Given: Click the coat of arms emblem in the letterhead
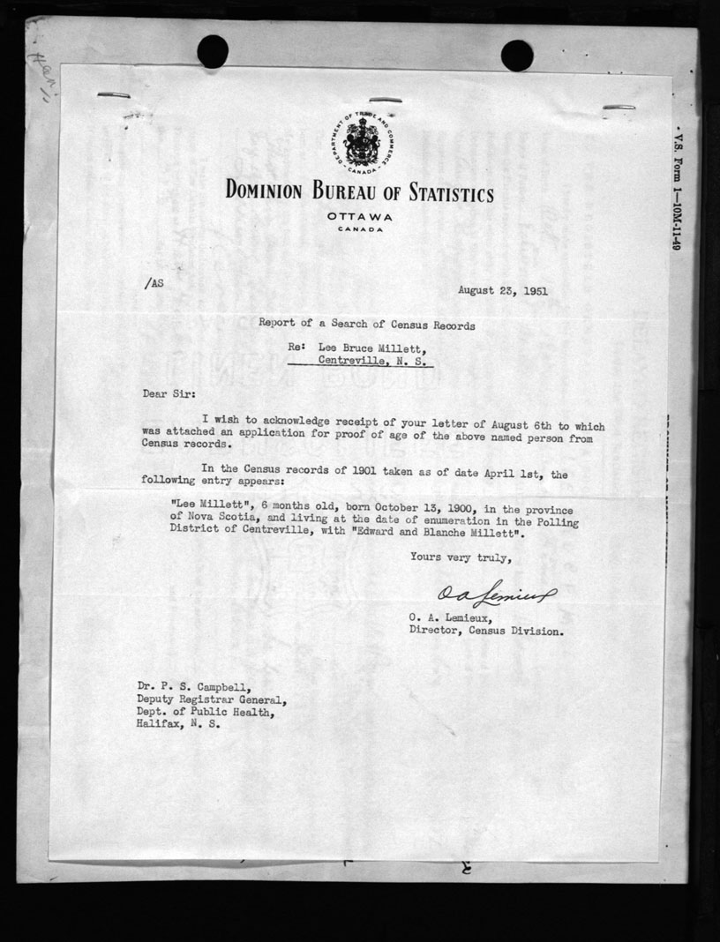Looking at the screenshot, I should [x=359, y=143].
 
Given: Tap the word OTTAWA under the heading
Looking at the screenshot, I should [x=359, y=217].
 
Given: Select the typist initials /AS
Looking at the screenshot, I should [x=152, y=283].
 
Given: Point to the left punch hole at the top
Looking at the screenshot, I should [x=213, y=51].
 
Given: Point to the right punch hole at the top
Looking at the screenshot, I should [x=516, y=55].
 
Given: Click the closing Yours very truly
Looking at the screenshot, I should [x=459, y=557].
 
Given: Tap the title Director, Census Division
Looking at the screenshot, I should [x=484, y=631].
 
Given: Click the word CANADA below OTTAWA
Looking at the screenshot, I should [x=359, y=230].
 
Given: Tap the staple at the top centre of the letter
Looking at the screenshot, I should [x=385, y=100].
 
